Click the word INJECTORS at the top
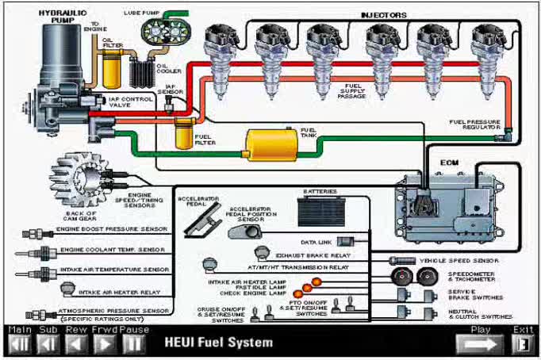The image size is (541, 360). click(x=384, y=14)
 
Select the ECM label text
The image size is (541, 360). click(x=450, y=163)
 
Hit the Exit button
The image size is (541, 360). click(x=522, y=343)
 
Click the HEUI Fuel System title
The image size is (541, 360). click(x=218, y=343)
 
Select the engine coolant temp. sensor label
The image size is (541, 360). click(x=112, y=250)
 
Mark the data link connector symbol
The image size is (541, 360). click(x=344, y=241)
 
